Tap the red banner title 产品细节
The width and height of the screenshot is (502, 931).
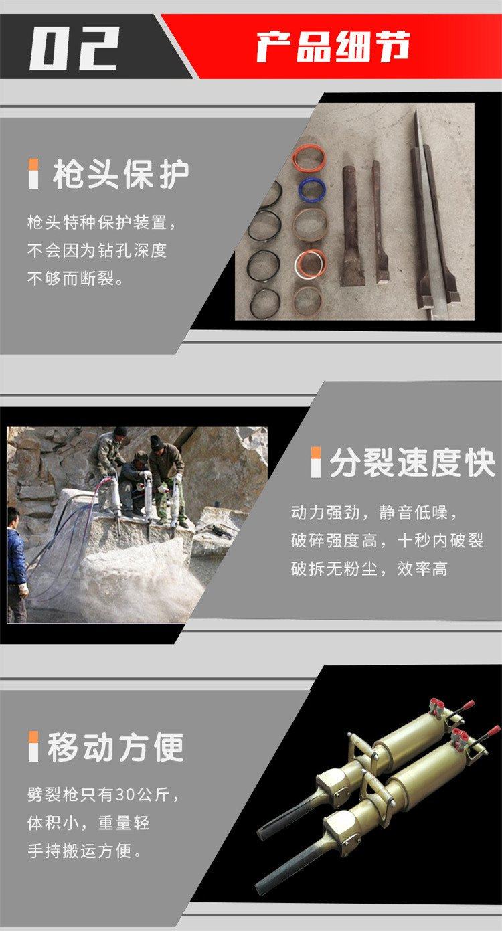pos(333,46)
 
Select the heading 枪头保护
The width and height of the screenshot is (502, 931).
pos(120,174)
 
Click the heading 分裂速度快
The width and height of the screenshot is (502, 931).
pos(412,462)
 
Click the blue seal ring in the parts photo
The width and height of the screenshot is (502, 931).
pos(312,187)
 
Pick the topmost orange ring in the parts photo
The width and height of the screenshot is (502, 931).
pos(309,158)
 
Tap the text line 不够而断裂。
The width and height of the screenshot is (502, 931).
pos(76,278)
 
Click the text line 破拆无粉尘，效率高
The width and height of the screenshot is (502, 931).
pos(369,569)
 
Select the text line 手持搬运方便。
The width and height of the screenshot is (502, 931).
pos(84,851)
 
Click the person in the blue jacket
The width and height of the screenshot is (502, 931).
pos(16,564)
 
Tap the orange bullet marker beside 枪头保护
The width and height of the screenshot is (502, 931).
pos(33,174)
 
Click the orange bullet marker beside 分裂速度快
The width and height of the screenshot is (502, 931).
pos(316,462)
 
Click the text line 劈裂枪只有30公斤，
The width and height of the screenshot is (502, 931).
pos(103,794)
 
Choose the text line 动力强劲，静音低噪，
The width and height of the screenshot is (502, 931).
pos(374,513)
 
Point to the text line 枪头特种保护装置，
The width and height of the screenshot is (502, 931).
pos(102,222)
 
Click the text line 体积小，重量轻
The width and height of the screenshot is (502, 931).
pos(88,823)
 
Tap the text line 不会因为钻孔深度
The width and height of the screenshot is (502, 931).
pos(97,250)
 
